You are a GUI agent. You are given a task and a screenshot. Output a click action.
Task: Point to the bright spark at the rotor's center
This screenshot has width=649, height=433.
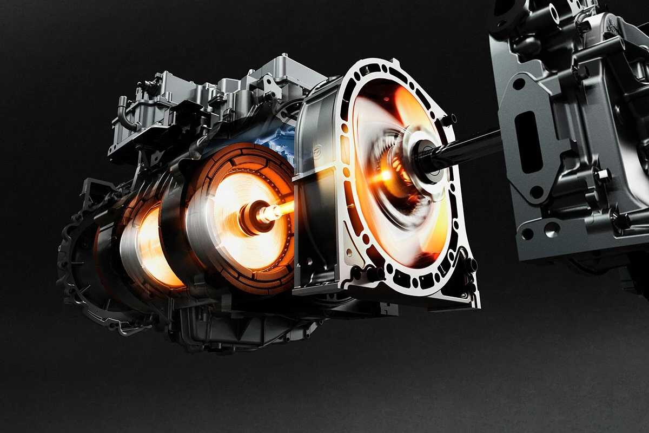click(x=386, y=175)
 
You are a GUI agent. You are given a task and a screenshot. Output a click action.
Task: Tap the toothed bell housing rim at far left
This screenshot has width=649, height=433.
click(x=73, y=271)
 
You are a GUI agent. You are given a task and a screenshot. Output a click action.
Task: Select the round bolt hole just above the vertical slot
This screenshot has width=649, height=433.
click(x=519, y=84)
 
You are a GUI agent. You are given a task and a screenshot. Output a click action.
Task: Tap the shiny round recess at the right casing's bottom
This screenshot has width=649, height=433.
click(x=551, y=229)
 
